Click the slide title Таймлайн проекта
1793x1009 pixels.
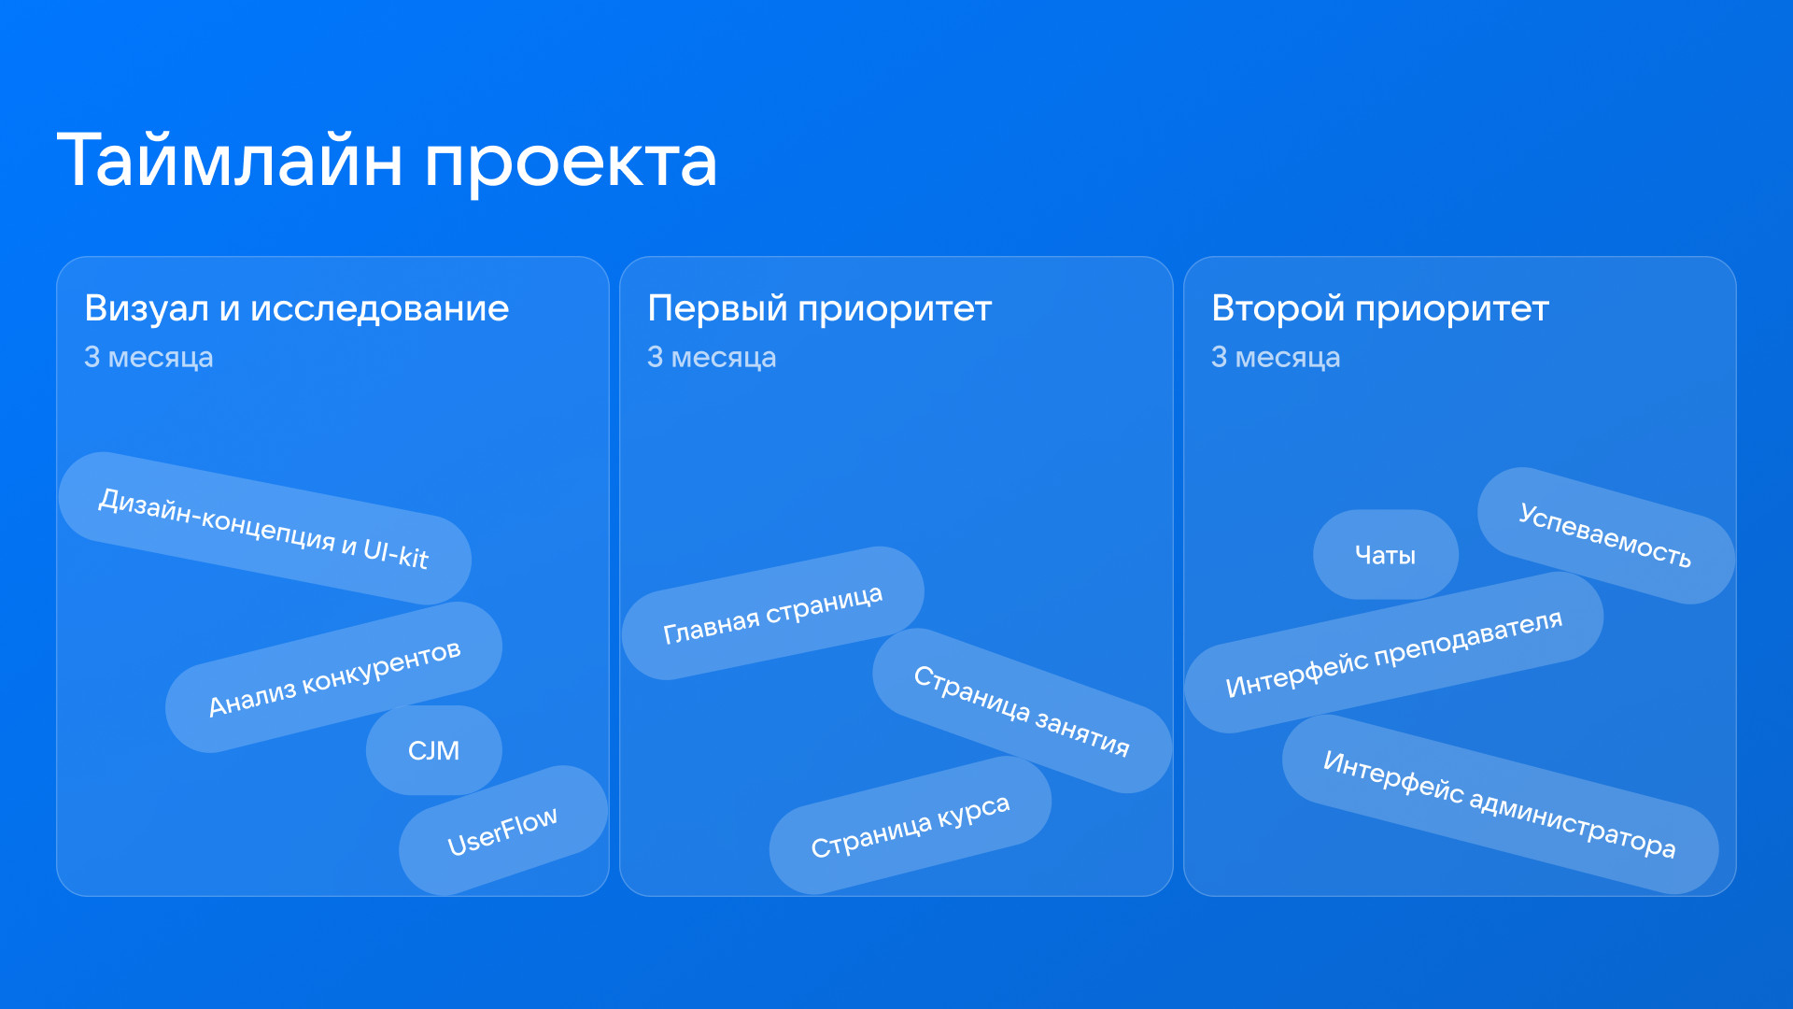tap(387, 161)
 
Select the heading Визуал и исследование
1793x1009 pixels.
tap(297, 309)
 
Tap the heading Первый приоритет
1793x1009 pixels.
tap(819, 309)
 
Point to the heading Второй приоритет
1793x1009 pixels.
tap(1380, 309)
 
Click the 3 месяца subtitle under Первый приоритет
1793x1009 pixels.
tap(712, 357)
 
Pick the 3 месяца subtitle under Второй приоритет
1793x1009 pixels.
tap(1276, 357)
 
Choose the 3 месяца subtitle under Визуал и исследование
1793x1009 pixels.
tap(148, 357)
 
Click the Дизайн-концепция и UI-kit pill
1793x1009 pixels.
tap(264, 528)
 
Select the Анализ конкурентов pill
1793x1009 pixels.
tap(333, 677)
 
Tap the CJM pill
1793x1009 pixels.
tap(433, 750)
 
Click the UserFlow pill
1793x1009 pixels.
tap(503, 831)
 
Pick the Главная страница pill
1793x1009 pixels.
tap(773, 613)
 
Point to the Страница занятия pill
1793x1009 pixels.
tap(1022, 711)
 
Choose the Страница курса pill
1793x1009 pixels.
tap(911, 825)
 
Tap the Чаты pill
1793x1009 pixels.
tap(1386, 555)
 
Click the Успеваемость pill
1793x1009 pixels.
tap(1606, 535)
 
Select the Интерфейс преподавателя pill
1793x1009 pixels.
tap(1394, 652)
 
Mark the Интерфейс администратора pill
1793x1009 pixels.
tap(1500, 804)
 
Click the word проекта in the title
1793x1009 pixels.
tap(571, 164)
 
